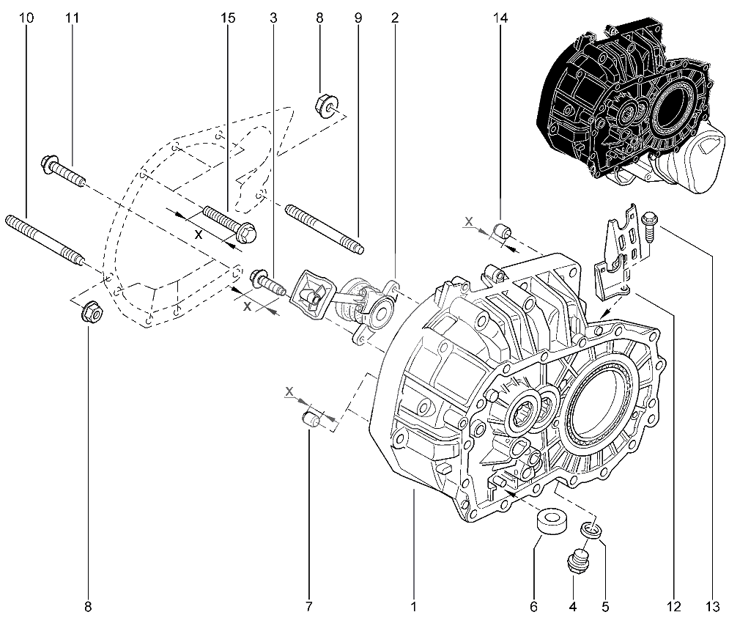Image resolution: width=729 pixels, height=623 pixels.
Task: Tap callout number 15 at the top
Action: pyautogui.click(x=228, y=18)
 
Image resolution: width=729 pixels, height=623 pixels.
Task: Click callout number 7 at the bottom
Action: pyautogui.click(x=308, y=606)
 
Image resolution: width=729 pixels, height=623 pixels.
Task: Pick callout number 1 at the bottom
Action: pyautogui.click(x=414, y=606)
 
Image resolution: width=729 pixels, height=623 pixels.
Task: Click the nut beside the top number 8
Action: pyautogui.click(x=324, y=105)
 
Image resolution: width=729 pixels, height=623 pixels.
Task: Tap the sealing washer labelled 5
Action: pyautogui.click(x=592, y=528)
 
